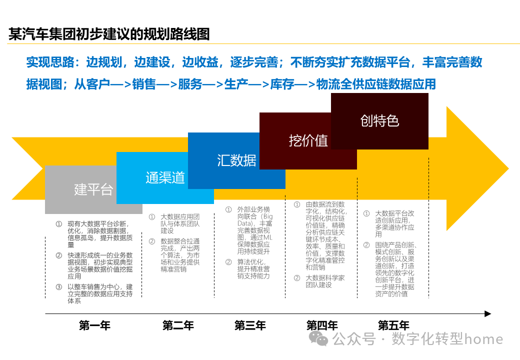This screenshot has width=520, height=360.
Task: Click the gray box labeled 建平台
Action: click(x=93, y=189)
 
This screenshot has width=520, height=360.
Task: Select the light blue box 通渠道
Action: click(x=165, y=178)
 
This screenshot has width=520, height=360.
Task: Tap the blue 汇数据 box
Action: click(x=236, y=160)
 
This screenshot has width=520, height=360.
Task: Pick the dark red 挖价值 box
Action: click(x=308, y=141)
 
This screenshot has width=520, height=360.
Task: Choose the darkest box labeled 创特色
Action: click(x=379, y=121)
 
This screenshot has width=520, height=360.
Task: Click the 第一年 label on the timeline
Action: click(x=94, y=326)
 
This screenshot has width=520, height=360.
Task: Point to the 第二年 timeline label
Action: click(x=178, y=326)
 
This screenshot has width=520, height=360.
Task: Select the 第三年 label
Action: click(x=250, y=326)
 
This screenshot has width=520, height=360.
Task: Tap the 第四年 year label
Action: click(x=322, y=326)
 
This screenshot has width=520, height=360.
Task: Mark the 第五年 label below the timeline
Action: click(x=393, y=326)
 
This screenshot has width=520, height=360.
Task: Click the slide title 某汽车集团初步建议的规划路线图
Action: click(x=109, y=34)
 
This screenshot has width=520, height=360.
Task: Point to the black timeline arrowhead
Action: click(x=488, y=314)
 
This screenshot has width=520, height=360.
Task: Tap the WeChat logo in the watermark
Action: click(x=318, y=339)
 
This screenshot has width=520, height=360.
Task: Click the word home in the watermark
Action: click(x=483, y=339)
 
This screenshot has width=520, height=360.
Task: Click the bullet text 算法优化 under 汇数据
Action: click(x=253, y=269)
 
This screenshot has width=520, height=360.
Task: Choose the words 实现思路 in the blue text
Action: click(x=49, y=62)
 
